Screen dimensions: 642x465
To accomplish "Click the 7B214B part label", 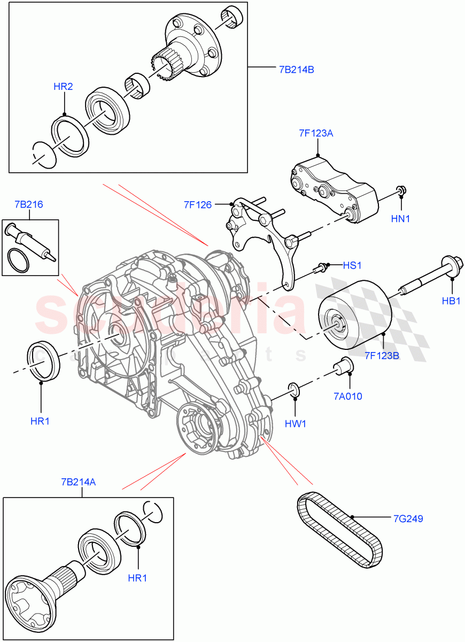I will [296, 69].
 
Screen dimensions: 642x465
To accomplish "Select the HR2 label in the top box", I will [63, 86].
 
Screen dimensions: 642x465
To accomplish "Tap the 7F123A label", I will [316, 134].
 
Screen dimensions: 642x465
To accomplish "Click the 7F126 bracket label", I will [198, 204].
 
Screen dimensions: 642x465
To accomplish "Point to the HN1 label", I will [401, 218].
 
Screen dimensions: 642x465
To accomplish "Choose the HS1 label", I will [353, 265].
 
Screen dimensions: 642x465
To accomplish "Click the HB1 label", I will [451, 301].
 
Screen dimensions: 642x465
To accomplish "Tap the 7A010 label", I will [348, 396].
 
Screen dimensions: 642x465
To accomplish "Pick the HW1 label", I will [295, 424].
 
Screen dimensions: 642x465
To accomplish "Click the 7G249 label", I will [409, 518].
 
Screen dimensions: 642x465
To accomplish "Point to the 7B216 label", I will [29, 204].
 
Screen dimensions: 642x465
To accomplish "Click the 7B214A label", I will [79, 482].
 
